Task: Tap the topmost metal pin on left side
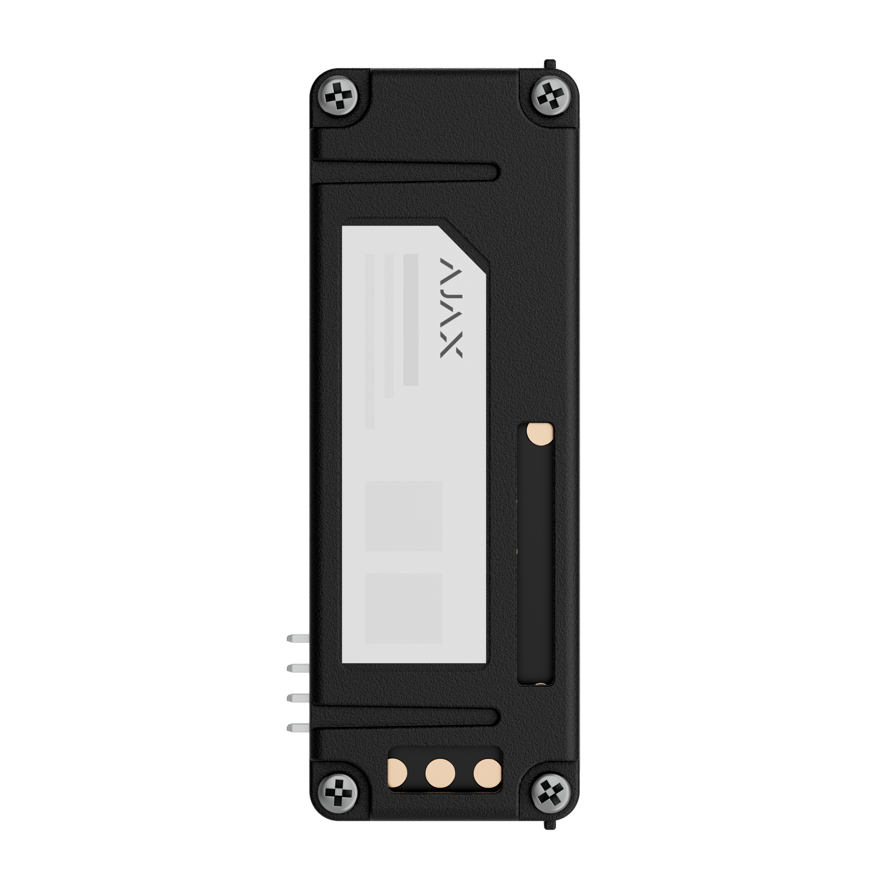[x=298, y=638]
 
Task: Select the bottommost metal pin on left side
[x=298, y=728]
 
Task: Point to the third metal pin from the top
[x=298, y=698]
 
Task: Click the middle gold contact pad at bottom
[x=440, y=772]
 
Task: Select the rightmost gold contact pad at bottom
[x=487, y=772]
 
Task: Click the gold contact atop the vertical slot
[x=540, y=433]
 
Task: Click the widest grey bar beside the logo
[x=410, y=319]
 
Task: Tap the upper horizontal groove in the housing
[x=405, y=172]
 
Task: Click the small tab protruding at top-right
[x=549, y=64]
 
